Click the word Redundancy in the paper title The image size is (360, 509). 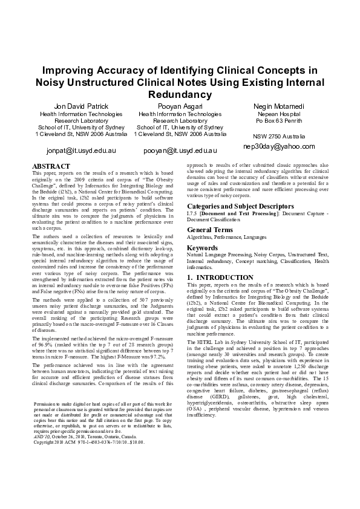click(180, 95)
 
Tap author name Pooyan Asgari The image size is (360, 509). click(180, 106)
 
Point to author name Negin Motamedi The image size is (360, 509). click(280, 106)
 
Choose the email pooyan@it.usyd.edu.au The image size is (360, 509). click(180, 150)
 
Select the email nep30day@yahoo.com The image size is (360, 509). click(279, 146)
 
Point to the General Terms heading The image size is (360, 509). click(210, 230)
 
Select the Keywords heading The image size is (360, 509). click(203, 248)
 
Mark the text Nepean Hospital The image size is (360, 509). click(280, 114)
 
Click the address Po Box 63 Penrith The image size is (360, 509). click(280, 120)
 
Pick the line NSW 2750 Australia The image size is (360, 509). click(280, 137)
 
